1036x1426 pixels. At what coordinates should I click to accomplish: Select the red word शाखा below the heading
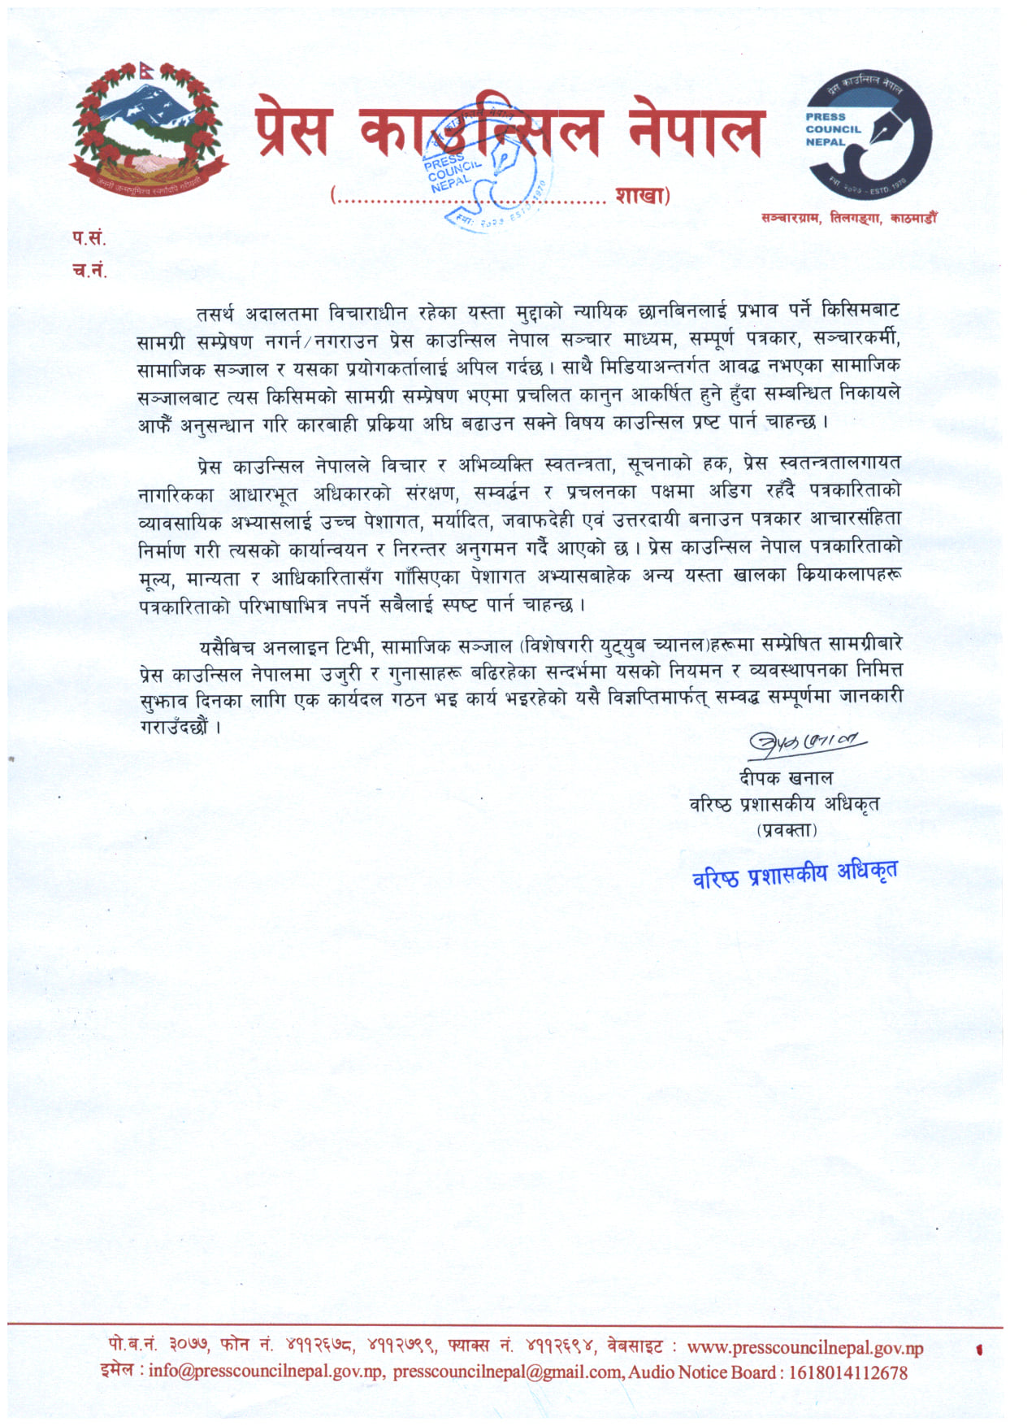(x=639, y=196)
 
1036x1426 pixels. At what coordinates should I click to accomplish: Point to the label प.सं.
(x=89, y=238)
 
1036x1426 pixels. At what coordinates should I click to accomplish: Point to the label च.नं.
(x=89, y=271)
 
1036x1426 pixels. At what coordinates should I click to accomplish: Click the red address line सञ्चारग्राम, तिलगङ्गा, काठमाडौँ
(x=848, y=218)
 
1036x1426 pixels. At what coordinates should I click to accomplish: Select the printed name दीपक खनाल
(x=786, y=777)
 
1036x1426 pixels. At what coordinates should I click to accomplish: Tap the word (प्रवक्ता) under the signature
(x=787, y=830)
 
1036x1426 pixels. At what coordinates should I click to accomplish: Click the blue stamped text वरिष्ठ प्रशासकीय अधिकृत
(x=795, y=874)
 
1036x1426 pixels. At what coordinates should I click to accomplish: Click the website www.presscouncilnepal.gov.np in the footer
(x=804, y=1348)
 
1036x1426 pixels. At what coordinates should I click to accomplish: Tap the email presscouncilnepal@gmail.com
(x=509, y=1372)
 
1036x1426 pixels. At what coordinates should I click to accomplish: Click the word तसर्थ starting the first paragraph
(x=215, y=314)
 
